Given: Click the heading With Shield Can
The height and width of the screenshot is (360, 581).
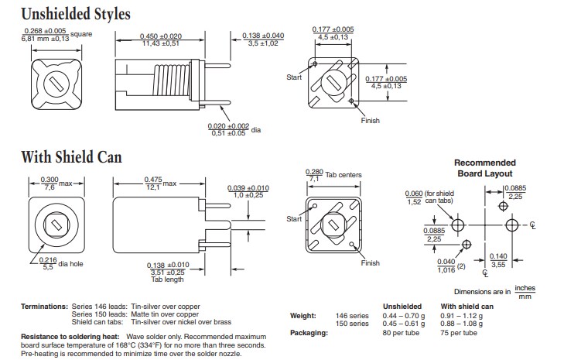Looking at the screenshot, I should (x=70, y=157).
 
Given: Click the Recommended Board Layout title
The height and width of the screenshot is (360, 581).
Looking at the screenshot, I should (x=484, y=168).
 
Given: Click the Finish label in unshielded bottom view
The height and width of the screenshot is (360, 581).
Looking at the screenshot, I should (x=371, y=122).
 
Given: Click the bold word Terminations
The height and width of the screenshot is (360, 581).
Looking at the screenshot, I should (x=44, y=307).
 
